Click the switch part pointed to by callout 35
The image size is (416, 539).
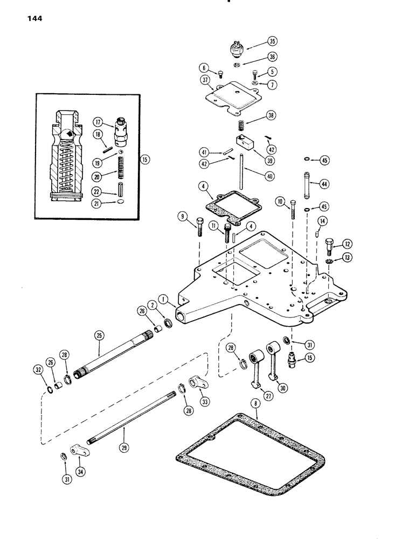235,50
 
